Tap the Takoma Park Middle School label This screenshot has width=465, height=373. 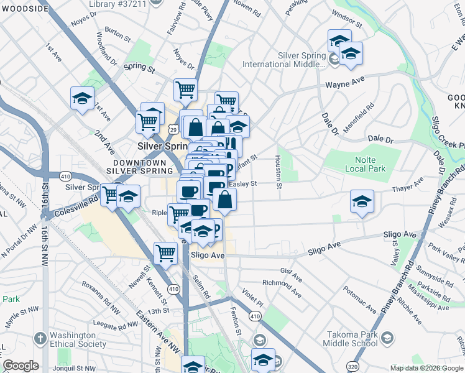coord(351,338)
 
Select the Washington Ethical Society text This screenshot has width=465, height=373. coord(78,339)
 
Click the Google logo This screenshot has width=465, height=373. coord(21,366)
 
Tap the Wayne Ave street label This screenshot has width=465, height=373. coord(343,83)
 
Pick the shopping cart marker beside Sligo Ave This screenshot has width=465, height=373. coord(165,252)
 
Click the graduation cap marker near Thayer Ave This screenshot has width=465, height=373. coord(362,202)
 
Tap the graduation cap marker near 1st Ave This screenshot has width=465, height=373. coord(82,99)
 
